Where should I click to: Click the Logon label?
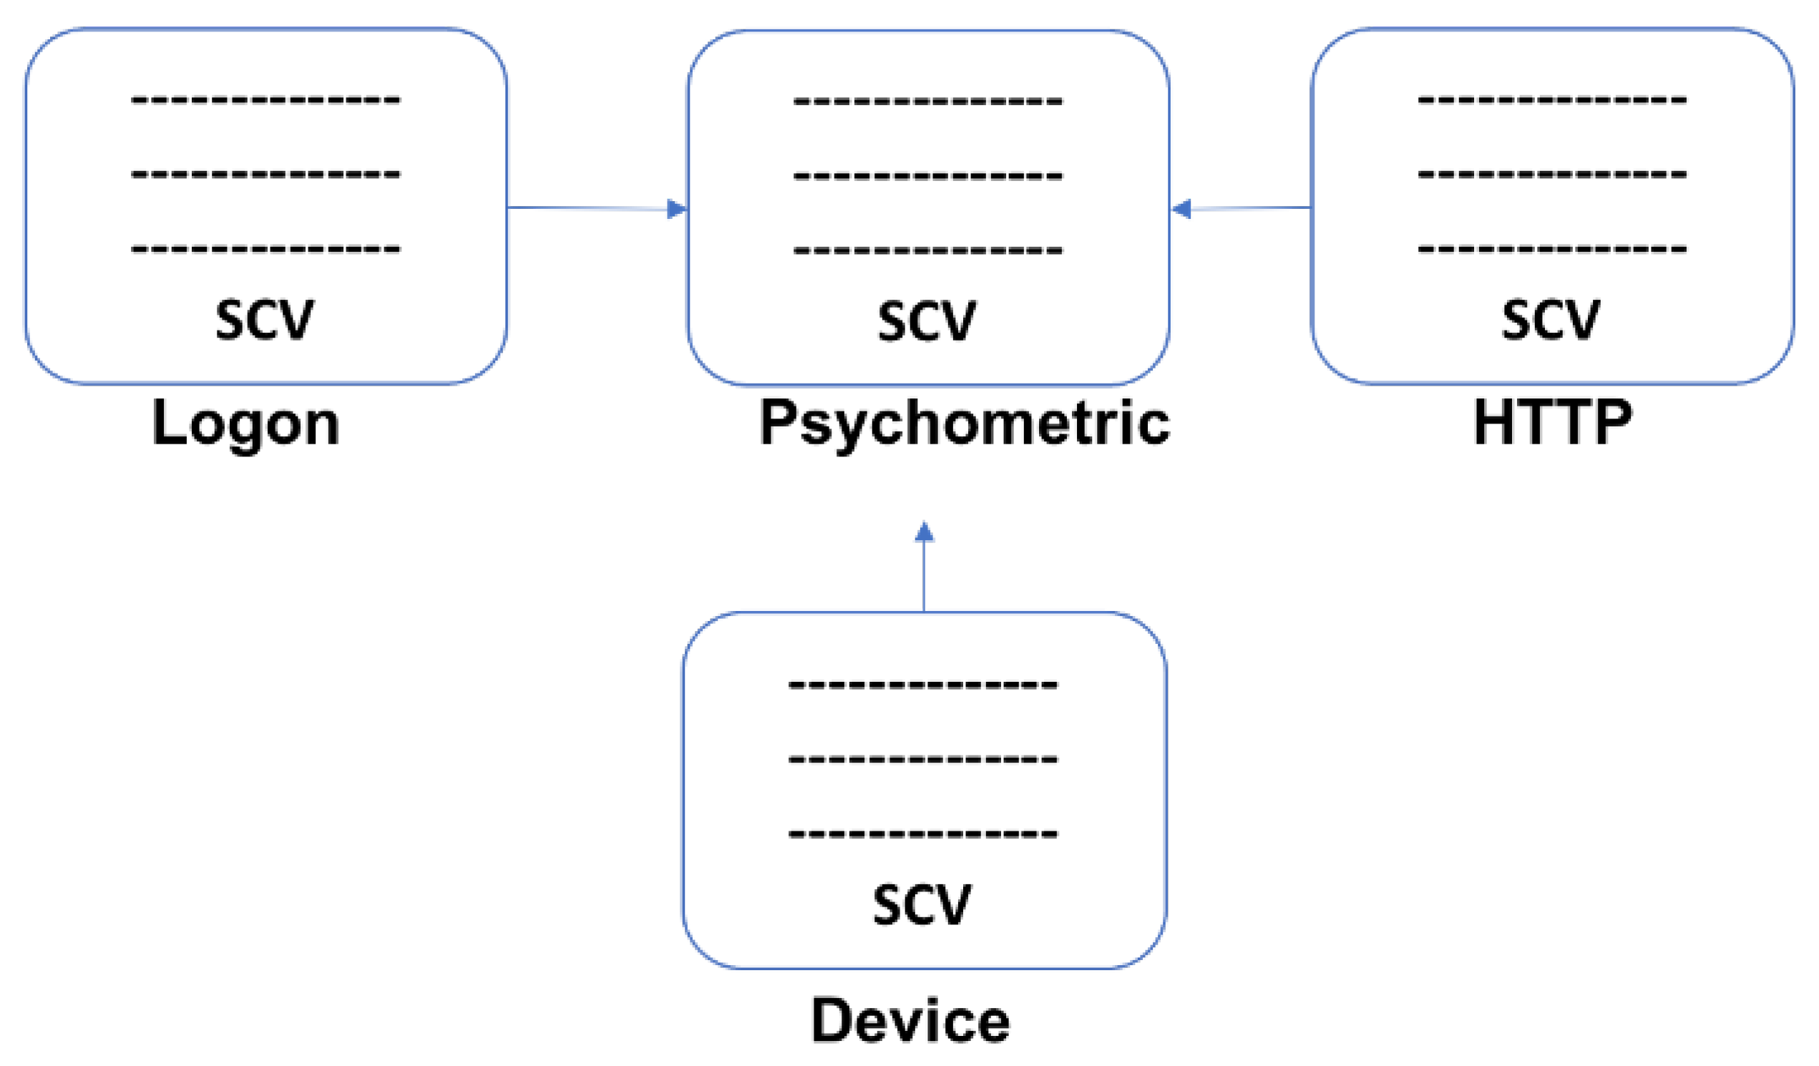(x=245, y=424)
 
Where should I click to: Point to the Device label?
(x=910, y=1020)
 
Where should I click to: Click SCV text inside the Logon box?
(x=265, y=320)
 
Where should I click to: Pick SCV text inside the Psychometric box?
(x=927, y=322)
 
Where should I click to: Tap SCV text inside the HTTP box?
(x=1551, y=320)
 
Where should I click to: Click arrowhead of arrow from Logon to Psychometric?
(x=676, y=210)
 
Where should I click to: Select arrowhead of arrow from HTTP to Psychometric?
(x=1181, y=210)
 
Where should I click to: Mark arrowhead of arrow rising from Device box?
(x=924, y=532)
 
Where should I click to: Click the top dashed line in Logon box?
(x=265, y=99)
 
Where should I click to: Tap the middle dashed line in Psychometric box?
(x=927, y=176)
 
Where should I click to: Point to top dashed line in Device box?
(x=923, y=684)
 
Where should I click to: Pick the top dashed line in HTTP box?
(x=1552, y=99)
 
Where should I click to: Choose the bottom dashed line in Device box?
(x=923, y=834)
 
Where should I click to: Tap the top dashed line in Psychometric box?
(x=927, y=102)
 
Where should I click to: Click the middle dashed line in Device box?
(x=923, y=759)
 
